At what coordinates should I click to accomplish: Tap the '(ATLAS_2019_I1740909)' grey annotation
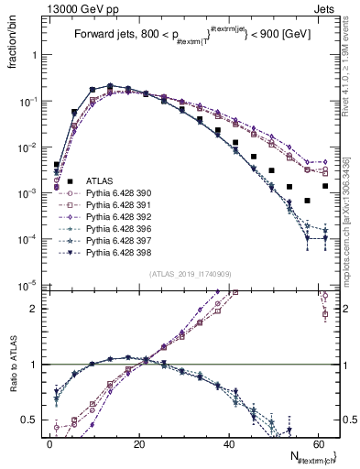pos(190,275)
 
